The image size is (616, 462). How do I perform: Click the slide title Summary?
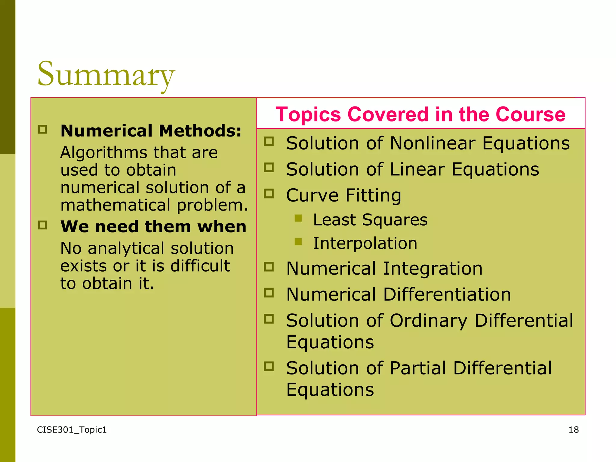tap(106, 75)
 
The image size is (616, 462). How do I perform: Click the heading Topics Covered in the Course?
tap(420, 114)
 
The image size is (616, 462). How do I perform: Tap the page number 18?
tap(574, 430)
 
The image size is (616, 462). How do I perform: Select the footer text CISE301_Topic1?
tap(72, 430)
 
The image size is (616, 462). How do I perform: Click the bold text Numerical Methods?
tap(151, 131)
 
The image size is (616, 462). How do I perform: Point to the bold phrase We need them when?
tap(153, 226)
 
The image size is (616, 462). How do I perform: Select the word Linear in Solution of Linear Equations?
tap(417, 169)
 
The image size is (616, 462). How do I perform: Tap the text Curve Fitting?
tap(343, 195)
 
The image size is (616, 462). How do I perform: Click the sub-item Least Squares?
tap(370, 220)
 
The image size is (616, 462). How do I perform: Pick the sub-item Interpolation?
tap(365, 243)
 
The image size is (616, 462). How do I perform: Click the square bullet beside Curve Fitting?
tap(269, 193)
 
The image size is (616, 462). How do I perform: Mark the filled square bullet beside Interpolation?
tap(298, 242)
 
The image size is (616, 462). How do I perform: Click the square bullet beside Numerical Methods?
tap(42, 129)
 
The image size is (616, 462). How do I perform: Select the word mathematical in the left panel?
tap(115, 205)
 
